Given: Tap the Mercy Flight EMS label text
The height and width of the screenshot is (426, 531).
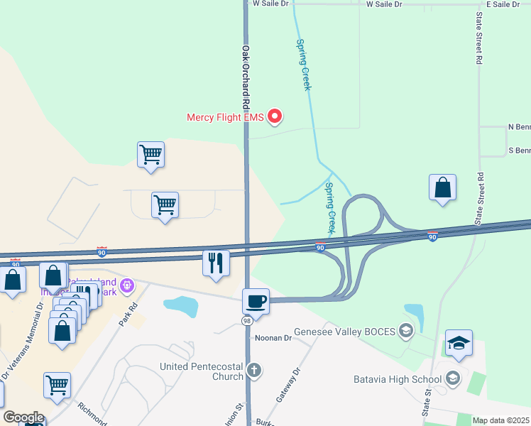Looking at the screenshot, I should coord(225,117).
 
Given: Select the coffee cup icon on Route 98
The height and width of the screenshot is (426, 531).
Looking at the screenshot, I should coord(256,301).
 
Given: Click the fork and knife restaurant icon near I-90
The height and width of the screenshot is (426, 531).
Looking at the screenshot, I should coord(217,263).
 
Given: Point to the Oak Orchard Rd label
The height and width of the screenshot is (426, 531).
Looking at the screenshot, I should coord(246,78).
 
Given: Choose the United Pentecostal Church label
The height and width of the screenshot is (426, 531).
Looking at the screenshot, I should coord(202,371).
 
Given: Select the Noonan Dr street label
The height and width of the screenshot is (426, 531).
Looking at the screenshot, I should coord(273,339).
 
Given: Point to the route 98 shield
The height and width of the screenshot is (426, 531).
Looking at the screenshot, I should coord(246,322).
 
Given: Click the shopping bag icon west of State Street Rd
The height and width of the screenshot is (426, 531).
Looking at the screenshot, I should coord(442,188).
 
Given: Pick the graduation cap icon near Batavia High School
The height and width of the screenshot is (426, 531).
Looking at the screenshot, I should coord(459,344).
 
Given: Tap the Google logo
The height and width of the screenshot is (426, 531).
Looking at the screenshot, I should coord(23,417).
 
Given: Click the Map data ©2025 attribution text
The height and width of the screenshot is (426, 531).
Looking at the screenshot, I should coord(500,420).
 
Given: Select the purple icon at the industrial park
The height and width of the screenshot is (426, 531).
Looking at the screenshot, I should coord(127,286).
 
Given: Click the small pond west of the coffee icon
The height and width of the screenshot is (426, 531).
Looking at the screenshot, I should coord(180,306).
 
